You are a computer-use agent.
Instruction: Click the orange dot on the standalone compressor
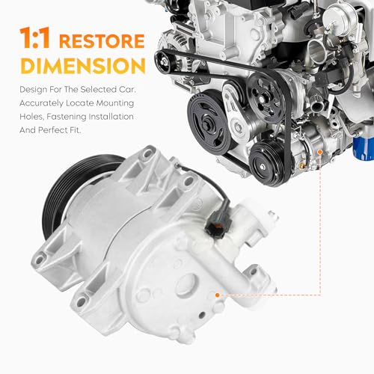217,295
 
